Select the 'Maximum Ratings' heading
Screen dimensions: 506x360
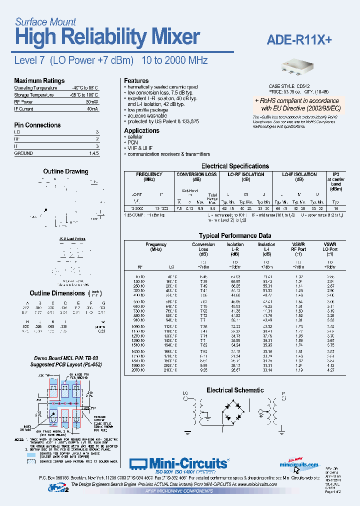(x=39, y=80)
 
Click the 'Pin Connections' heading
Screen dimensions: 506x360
(x=37, y=125)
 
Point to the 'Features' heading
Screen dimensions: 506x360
(x=136, y=80)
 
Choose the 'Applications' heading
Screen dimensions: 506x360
(x=141, y=130)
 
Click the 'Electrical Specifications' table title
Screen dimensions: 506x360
(x=235, y=166)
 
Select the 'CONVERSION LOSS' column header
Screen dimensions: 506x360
(x=197, y=174)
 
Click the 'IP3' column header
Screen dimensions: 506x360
(x=335, y=174)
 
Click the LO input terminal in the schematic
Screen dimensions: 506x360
(x=186, y=398)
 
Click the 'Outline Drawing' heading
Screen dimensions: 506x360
(x=65, y=171)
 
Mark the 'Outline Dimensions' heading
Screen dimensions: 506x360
(x=57, y=293)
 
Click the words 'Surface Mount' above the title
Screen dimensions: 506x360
(x=45, y=21)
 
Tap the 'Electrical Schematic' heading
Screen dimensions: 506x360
(x=235, y=390)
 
